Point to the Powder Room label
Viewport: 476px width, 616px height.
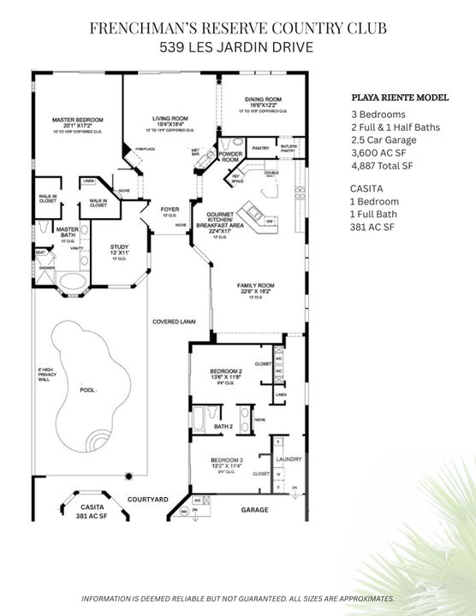[230, 157]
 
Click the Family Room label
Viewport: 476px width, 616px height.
[254, 285]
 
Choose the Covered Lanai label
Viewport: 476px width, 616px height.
[174, 322]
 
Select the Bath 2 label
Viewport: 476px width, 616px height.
[223, 425]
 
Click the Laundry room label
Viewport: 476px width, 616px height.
[289, 459]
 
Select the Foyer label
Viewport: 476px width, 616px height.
[170, 208]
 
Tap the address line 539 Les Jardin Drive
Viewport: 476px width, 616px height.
[238, 49]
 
